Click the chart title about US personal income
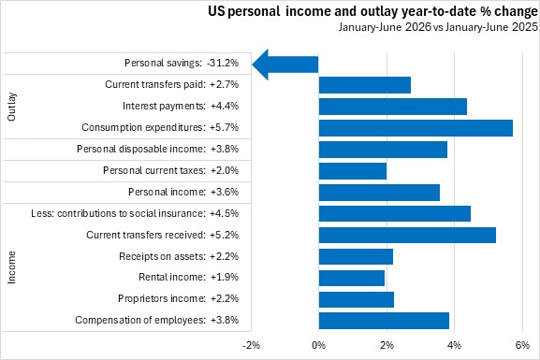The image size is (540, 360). [x=372, y=11]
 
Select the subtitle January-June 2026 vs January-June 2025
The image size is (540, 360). [x=438, y=27]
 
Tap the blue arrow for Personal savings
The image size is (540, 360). [x=285, y=65]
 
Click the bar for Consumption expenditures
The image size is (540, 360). [x=416, y=128]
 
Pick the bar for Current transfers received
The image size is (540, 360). [x=407, y=235]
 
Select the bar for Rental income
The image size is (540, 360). [x=352, y=278]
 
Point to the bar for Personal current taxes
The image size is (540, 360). [x=353, y=171]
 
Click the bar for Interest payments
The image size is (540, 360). [x=393, y=107]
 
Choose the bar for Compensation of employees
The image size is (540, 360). [x=384, y=321]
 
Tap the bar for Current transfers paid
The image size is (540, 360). [x=365, y=85]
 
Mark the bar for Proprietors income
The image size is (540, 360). [x=357, y=299]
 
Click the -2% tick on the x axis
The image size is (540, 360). [x=251, y=345]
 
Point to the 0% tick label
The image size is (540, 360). [x=318, y=345]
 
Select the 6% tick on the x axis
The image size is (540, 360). [x=522, y=345]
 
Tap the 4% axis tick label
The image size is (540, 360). [x=455, y=345]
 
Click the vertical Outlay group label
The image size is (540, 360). [x=11, y=107]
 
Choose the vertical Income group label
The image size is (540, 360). [x=11, y=267]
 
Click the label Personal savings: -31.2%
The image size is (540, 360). [x=182, y=63]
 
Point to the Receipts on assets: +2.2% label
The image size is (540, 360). [x=179, y=256]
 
